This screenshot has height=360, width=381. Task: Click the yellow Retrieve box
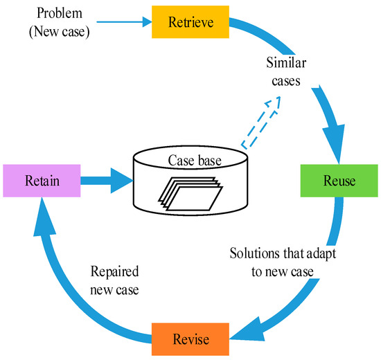click(190, 22)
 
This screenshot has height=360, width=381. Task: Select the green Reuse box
click(339, 181)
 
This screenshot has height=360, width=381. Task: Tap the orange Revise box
click(190, 339)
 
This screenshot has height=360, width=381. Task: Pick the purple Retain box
click(42, 181)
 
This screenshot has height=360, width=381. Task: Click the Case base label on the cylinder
click(195, 161)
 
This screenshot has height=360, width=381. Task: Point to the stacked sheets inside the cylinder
click(190, 194)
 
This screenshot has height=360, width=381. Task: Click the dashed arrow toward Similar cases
click(261, 123)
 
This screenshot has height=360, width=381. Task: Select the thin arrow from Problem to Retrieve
click(124, 22)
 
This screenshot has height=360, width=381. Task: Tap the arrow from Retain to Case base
click(107, 181)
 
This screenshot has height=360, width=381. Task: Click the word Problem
click(60, 13)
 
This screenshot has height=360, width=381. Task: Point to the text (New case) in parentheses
click(60, 32)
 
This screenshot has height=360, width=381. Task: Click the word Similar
click(286, 62)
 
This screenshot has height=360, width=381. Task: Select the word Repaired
click(115, 271)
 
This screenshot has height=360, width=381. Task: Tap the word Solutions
click(255, 253)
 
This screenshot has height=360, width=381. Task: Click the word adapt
click(321, 254)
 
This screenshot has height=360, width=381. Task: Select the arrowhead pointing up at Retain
click(44, 216)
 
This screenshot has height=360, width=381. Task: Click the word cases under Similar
click(286, 81)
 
